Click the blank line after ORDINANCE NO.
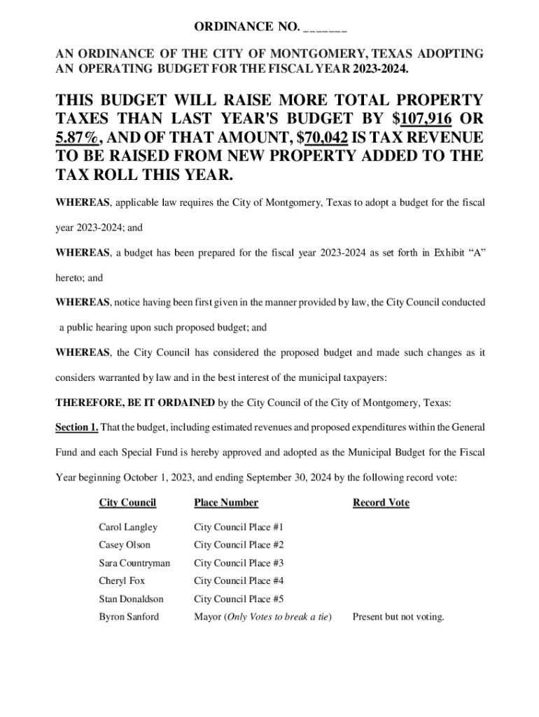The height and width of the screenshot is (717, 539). [325, 29]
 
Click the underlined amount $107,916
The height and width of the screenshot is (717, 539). [427, 119]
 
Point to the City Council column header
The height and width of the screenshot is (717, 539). [127, 503]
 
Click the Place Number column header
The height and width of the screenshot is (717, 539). [226, 503]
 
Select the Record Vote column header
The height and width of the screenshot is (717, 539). [381, 503]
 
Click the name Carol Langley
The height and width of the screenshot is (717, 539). [128, 527]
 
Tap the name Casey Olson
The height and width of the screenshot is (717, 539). [125, 545]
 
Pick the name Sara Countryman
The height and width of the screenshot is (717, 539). [134, 563]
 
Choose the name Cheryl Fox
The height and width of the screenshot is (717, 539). [122, 580]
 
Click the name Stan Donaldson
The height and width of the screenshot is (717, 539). [131, 599]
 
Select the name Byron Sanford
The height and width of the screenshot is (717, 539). [129, 617]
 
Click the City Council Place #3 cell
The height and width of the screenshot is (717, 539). [239, 563]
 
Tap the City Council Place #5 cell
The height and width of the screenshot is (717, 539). [239, 599]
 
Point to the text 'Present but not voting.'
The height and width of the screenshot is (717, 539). [398, 617]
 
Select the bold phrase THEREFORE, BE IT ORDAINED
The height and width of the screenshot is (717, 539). [135, 403]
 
